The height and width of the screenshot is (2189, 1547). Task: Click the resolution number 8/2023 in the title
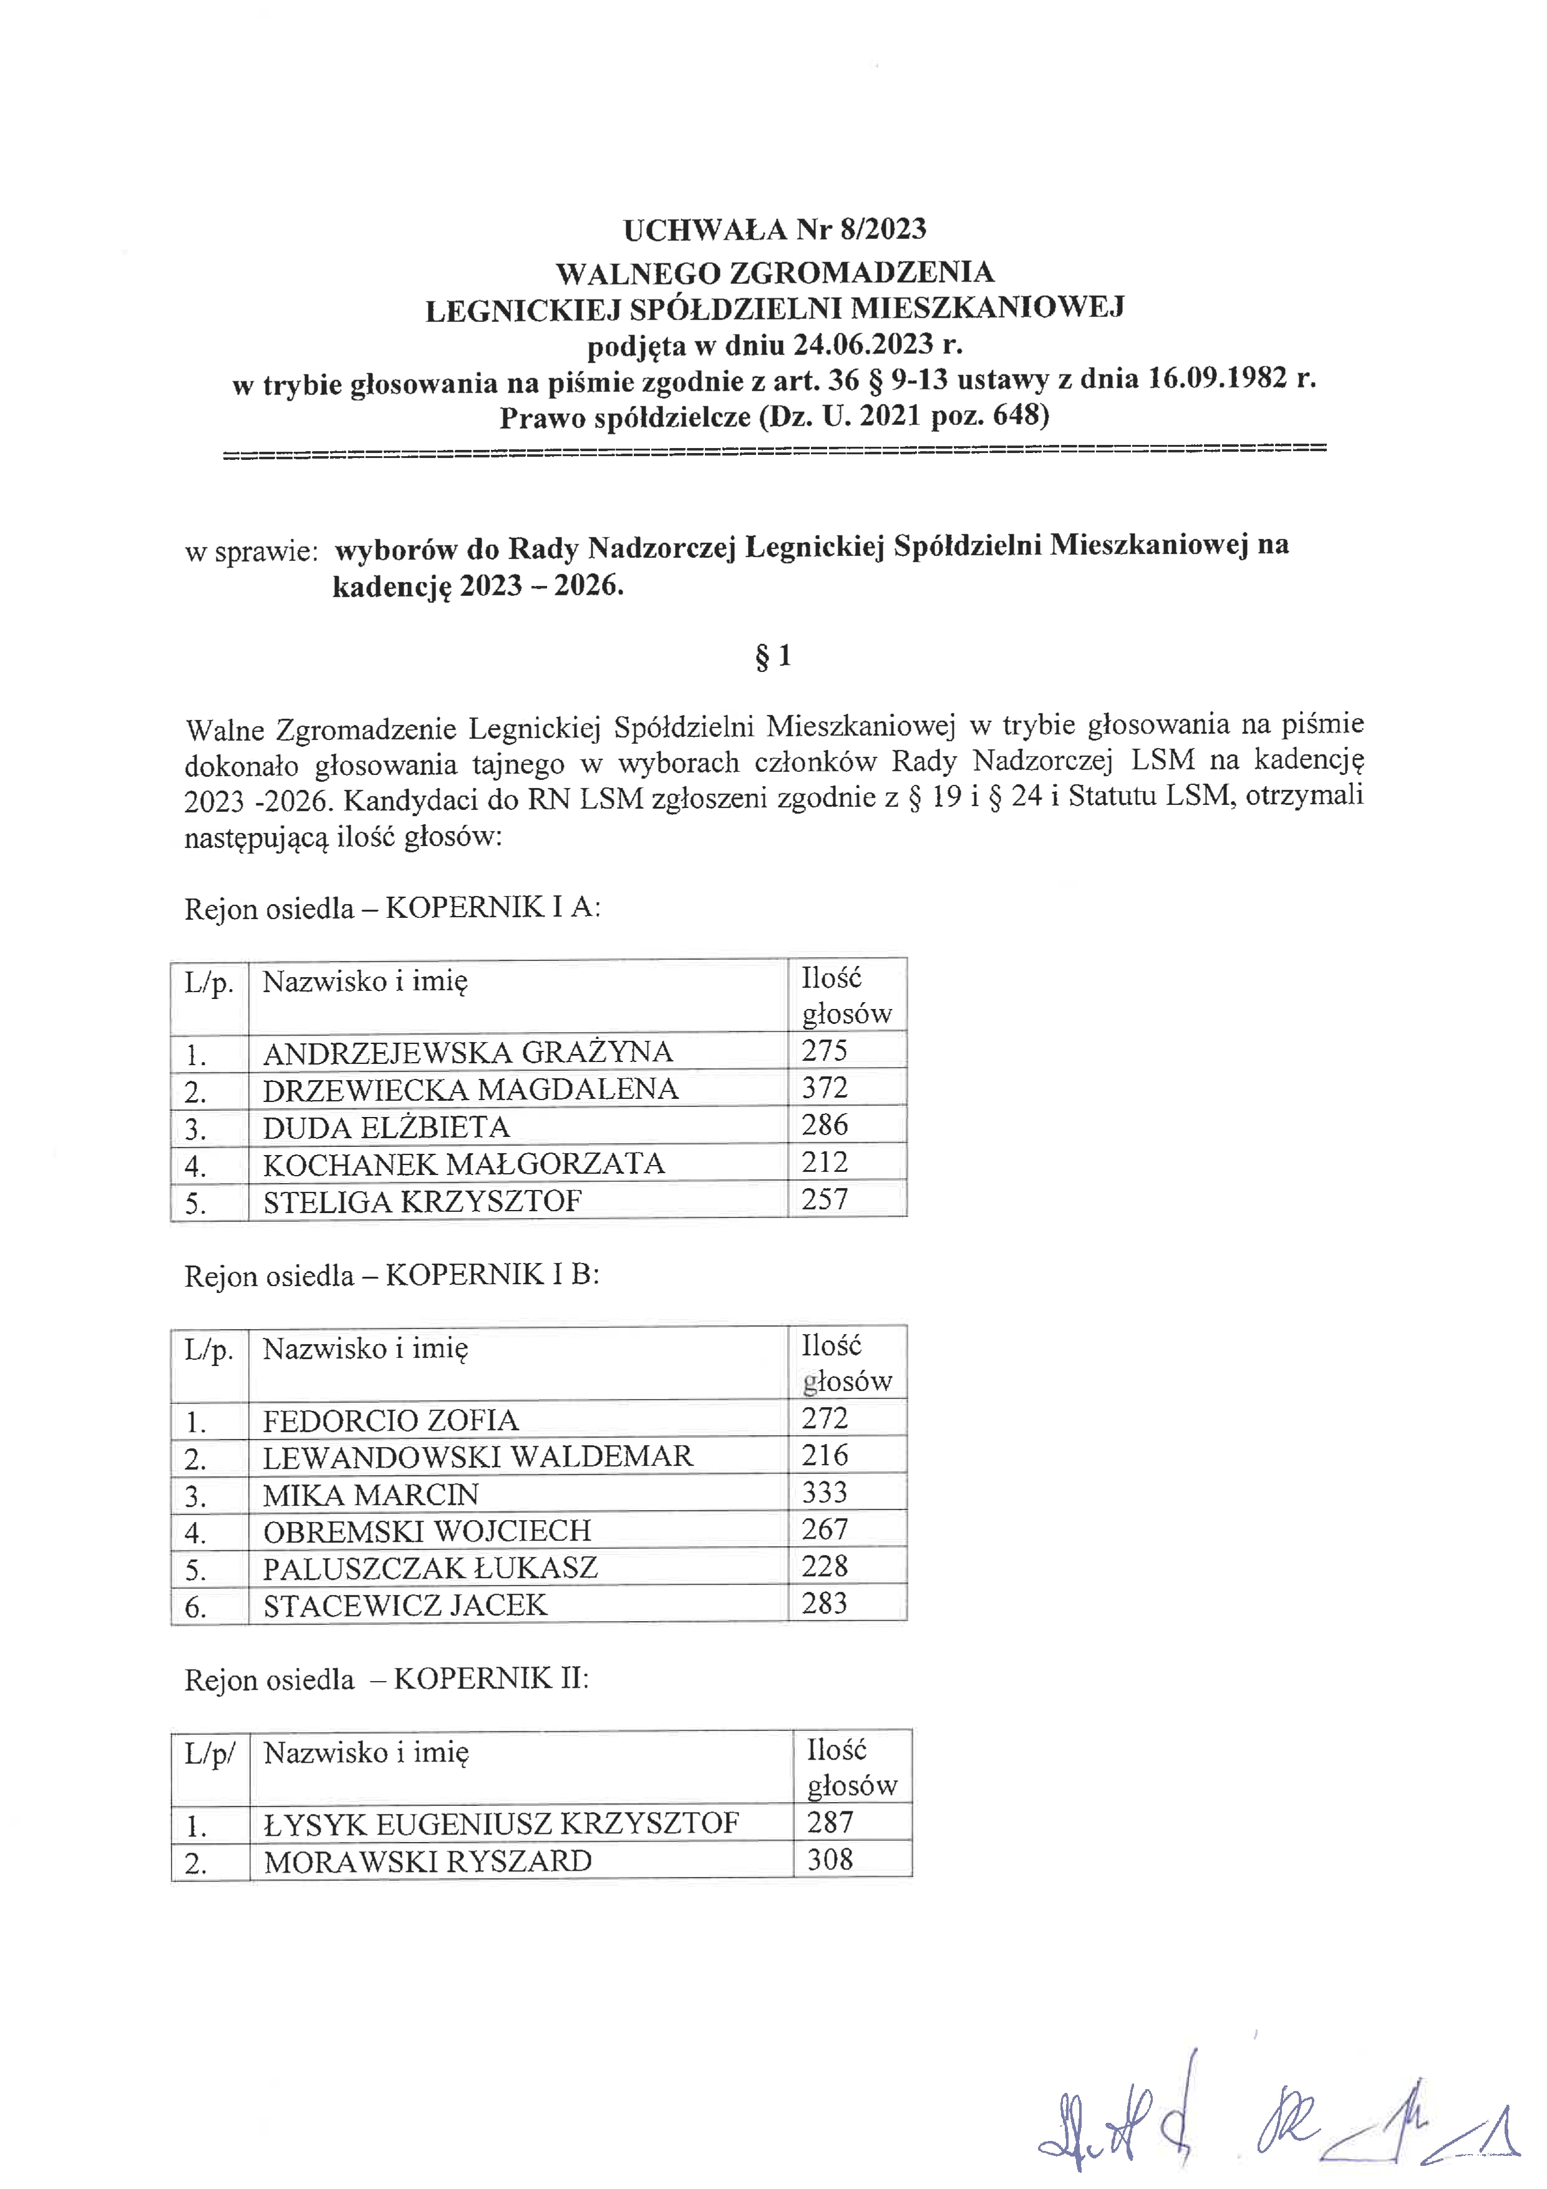pos(883,229)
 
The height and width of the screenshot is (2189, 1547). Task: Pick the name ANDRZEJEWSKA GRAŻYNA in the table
pos(468,1053)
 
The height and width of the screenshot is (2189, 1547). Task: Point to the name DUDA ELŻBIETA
pos(386,1127)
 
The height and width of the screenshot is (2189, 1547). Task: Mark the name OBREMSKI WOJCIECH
pos(427,1531)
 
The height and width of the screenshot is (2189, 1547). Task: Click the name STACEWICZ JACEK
pos(405,1606)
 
